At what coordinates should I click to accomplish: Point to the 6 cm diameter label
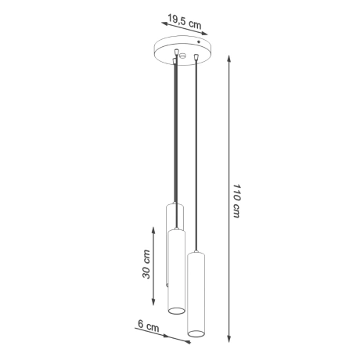point(148,323)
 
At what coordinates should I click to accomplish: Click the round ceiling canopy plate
point(181,49)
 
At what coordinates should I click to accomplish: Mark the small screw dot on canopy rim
point(199,41)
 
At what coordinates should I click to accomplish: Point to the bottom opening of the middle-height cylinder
point(177,310)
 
